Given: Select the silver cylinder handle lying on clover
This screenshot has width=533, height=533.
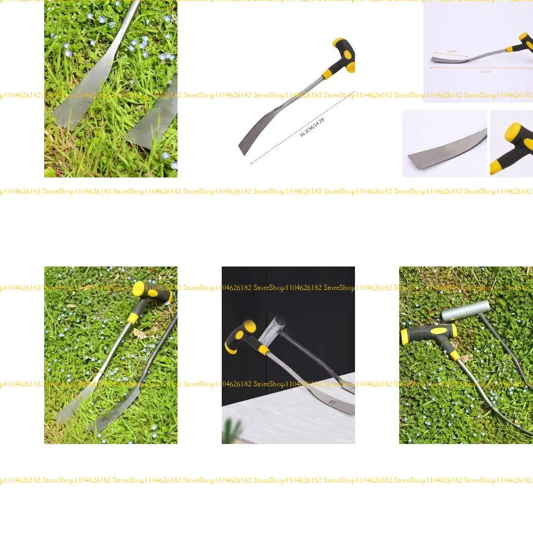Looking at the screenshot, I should click(x=465, y=310).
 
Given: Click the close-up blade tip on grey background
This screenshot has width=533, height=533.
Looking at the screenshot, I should click(x=442, y=155).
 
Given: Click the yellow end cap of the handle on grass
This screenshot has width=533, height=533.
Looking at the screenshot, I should click(x=139, y=289).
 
